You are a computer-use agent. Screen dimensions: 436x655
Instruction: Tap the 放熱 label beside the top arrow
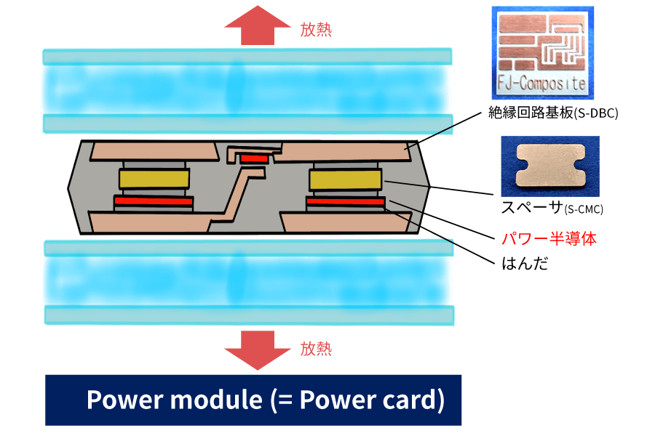click(316, 30)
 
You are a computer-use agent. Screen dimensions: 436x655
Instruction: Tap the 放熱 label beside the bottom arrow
click(316, 349)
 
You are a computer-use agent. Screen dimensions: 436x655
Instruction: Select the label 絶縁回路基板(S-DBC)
click(553, 113)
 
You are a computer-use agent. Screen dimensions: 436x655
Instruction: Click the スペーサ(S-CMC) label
click(552, 209)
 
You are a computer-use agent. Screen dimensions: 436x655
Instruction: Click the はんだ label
click(525, 263)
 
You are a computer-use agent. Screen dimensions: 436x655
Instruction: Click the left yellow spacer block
click(154, 178)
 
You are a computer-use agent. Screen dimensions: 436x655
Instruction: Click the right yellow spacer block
click(345, 178)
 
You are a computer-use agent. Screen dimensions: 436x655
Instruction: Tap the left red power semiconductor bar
click(153, 201)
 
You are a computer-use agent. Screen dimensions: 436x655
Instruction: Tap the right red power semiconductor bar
click(345, 201)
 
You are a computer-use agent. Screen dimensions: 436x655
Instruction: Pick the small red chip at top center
click(254, 158)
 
